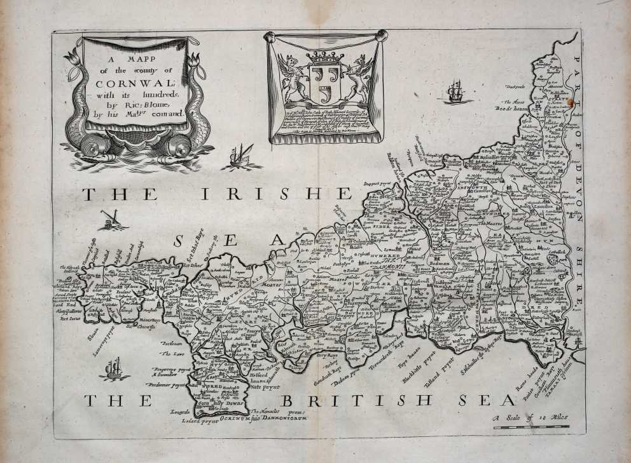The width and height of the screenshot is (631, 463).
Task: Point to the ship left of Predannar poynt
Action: [114, 369]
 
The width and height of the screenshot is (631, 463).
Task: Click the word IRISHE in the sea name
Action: [275, 194]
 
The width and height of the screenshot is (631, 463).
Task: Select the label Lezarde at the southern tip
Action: [180, 412]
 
